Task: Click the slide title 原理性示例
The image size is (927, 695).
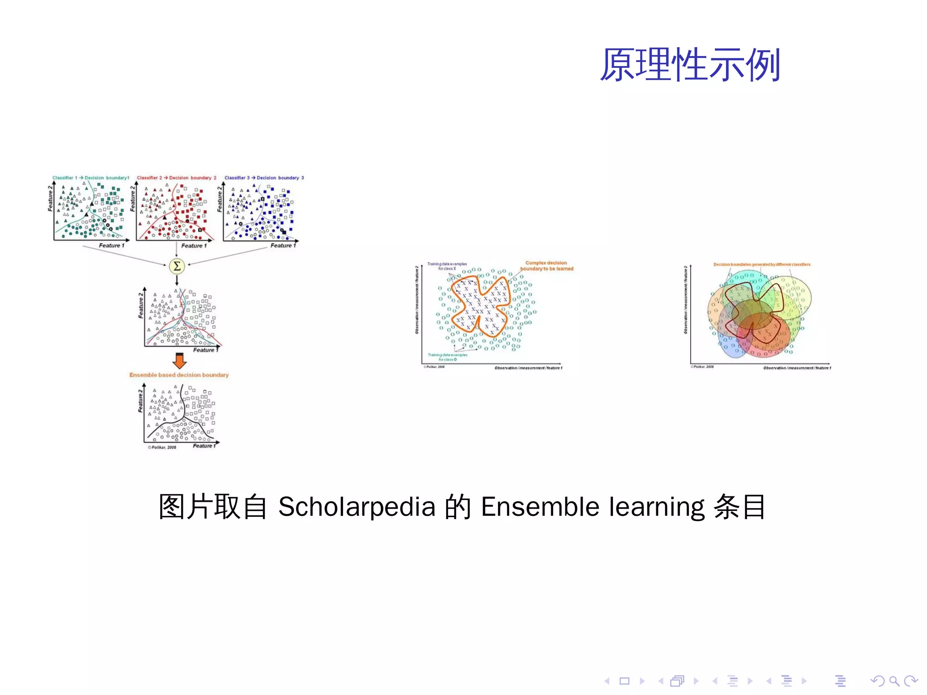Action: [690, 65]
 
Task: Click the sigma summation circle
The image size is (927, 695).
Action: [177, 266]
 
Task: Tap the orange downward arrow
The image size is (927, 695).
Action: [180, 361]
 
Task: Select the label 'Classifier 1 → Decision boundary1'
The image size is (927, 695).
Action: [91, 178]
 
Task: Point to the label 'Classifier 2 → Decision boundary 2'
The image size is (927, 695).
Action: [177, 178]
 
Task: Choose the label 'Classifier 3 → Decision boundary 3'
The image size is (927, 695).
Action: [264, 178]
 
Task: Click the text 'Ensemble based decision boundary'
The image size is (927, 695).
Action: [179, 375]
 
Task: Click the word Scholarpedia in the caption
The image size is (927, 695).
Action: [357, 507]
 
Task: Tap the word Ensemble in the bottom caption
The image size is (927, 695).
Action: [540, 507]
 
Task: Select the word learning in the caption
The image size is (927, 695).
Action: [656, 508]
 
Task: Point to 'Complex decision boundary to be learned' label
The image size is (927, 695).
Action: [546, 266]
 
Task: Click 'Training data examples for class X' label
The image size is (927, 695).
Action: [447, 266]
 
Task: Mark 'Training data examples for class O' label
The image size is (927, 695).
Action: [447, 357]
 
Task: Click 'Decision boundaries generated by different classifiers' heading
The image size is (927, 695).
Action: [762, 264]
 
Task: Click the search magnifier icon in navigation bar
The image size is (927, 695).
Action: [894, 681]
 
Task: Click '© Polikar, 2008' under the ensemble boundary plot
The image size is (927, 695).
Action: [162, 447]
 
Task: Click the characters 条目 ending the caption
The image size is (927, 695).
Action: [740, 507]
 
